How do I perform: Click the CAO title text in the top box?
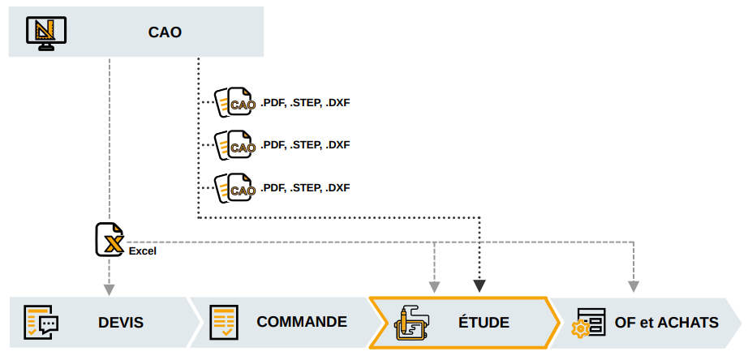coord(165,32)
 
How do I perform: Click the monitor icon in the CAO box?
coord(46,32)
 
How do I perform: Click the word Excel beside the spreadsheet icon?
coord(142,251)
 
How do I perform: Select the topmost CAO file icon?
coord(234,103)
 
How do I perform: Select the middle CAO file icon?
coord(234,146)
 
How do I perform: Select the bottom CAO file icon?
coord(234,189)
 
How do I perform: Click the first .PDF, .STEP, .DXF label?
coord(305,103)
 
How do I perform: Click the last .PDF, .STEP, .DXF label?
coord(305,188)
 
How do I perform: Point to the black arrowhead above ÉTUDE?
coord(479,285)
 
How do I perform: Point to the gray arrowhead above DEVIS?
coord(109,288)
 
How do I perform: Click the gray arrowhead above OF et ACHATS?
coord(634,286)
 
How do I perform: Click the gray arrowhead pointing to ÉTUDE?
coord(434,286)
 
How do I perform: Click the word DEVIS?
coord(121,323)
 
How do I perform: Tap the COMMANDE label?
coord(302,322)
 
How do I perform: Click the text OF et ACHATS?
coord(666,323)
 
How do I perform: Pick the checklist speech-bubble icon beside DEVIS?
coord(41,323)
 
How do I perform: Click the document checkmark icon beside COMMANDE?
coord(223,323)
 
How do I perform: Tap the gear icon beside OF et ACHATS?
coord(581,328)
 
